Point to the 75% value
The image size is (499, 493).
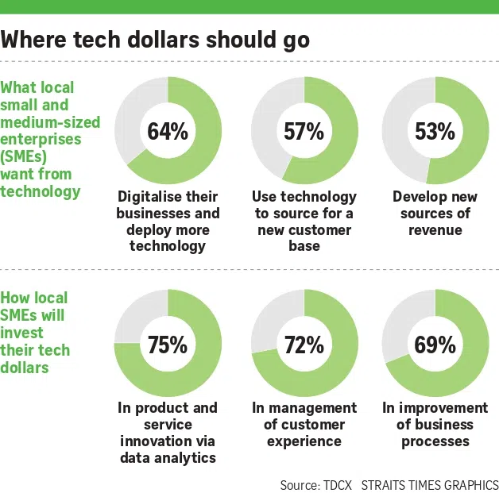[x=168, y=345]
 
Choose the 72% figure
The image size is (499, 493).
[x=304, y=345]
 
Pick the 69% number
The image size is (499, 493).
[x=435, y=345]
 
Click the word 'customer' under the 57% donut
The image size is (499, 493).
[x=320, y=229]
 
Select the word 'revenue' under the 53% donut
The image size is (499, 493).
[x=435, y=229]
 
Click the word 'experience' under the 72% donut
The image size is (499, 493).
[x=304, y=441]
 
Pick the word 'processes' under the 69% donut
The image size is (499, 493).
[x=435, y=441]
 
